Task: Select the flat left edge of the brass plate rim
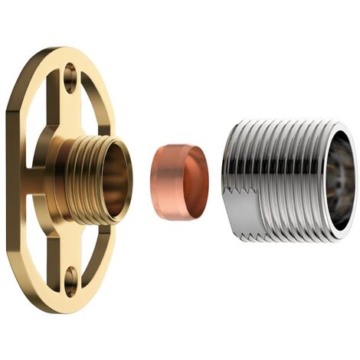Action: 11,180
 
